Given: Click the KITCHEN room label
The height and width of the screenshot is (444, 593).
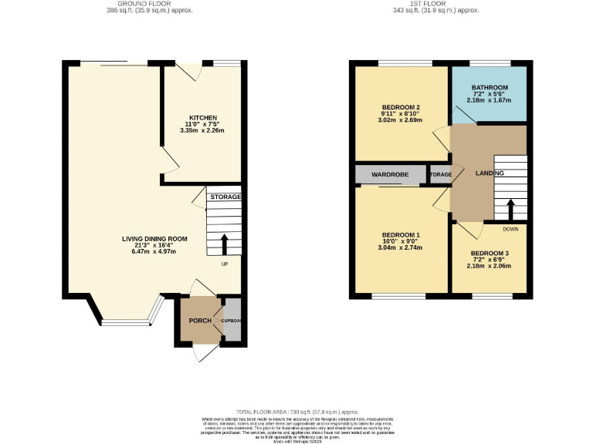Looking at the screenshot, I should [x=205, y=117].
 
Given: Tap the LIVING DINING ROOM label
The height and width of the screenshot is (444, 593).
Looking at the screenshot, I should [x=154, y=239].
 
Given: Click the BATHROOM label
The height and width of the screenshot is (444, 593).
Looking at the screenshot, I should [x=490, y=87].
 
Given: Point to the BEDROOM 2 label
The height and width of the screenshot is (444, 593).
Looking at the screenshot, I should [x=402, y=107].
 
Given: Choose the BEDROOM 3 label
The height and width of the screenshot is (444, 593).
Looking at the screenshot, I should [x=490, y=254].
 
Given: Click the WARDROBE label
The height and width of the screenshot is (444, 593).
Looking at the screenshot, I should [x=390, y=175].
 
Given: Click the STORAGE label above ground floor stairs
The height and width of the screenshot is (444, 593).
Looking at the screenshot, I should [x=225, y=197].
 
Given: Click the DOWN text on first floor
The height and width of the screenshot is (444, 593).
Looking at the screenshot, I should [x=510, y=229].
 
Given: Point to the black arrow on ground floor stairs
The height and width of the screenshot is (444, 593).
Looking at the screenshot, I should [x=225, y=244].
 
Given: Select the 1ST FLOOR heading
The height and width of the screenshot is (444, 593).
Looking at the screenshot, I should [x=447, y=4].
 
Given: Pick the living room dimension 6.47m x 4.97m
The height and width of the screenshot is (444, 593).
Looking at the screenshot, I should [x=154, y=251].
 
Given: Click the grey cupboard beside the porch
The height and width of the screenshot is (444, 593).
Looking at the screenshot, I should [x=231, y=321].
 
